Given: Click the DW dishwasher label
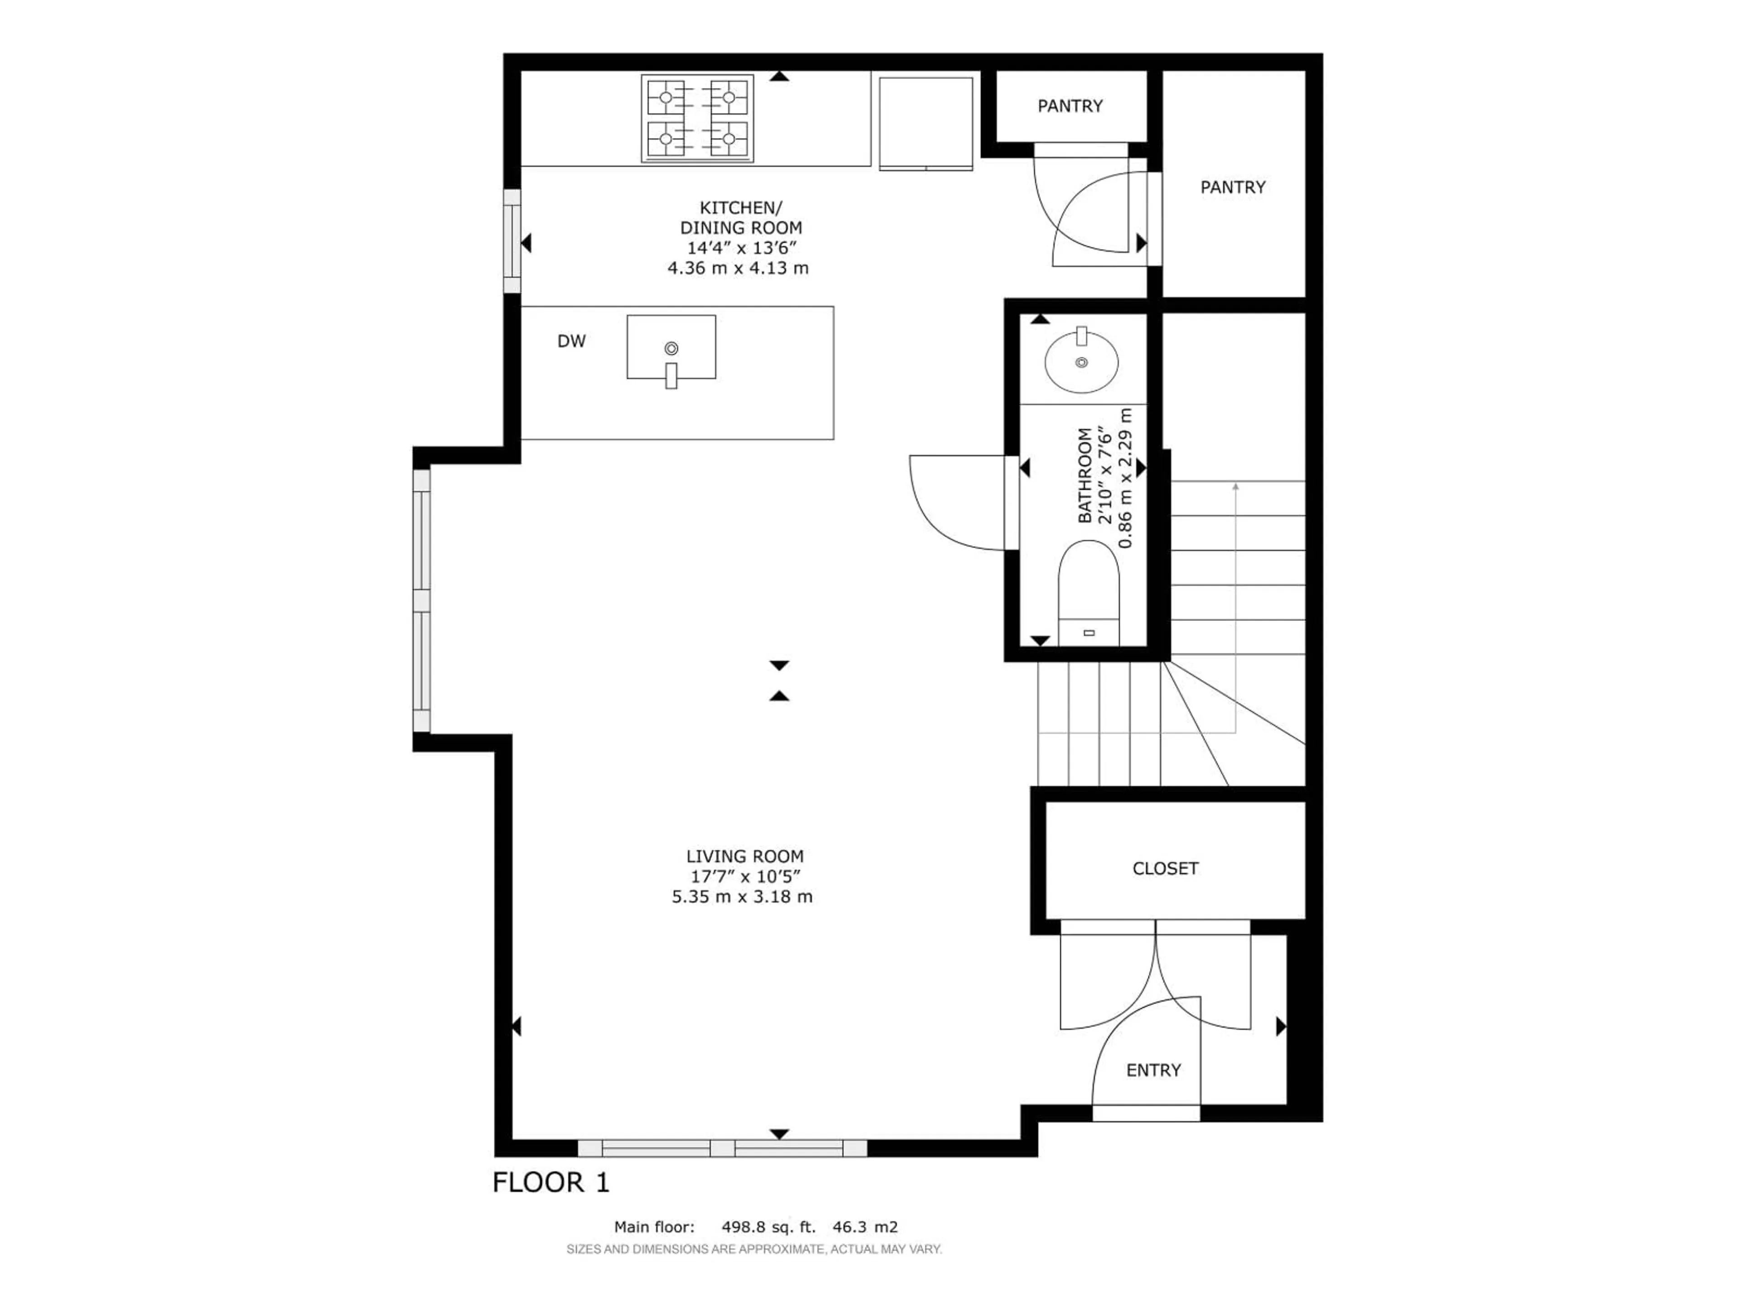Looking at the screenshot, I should coord(571,341).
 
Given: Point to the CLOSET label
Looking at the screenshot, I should coord(1165,868).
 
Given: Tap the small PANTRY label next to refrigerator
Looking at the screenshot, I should coord(1070,106).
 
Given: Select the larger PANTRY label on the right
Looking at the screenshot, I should coord(1233,187).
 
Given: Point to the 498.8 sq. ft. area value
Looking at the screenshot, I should coord(768,1227).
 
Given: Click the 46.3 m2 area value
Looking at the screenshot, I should coord(865,1227).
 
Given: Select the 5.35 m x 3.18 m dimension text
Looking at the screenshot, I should coord(741,897).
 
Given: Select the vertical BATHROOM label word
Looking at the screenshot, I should coord(1084,476).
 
